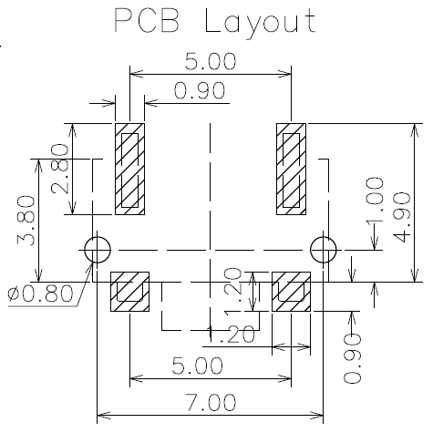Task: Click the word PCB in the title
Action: pyautogui.click(x=147, y=21)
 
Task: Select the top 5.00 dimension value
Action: pyautogui.click(x=211, y=61)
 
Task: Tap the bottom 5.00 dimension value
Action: pyautogui.click(x=197, y=366)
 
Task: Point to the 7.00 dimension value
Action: pyautogui.click(x=211, y=402)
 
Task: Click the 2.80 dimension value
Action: pyautogui.click(x=60, y=169)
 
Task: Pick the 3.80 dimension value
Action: pyautogui.click(x=26, y=221)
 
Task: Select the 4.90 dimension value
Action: pyautogui.click(x=401, y=217)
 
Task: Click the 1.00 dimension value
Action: pyautogui.click(x=375, y=202)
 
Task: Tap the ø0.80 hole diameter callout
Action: pyautogui.click(x=41, y=294)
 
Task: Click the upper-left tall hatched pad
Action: pyautogui.click(x=129, y=169)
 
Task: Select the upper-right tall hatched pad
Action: pyautogui.click(x=291, y=169)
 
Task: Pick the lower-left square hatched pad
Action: pyautogui.click(x=129, y=292)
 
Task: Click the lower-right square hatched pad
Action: pyautogui.click(x=291, y=292)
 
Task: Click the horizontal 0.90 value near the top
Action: pyautogui.click(x=200, y=90)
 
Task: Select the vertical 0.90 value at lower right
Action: pyautogui.click(x=353, y=358)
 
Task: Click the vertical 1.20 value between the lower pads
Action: pyautogui.click(x=233, y=292)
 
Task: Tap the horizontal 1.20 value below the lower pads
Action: pyautogui.click(x=231, y=335)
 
